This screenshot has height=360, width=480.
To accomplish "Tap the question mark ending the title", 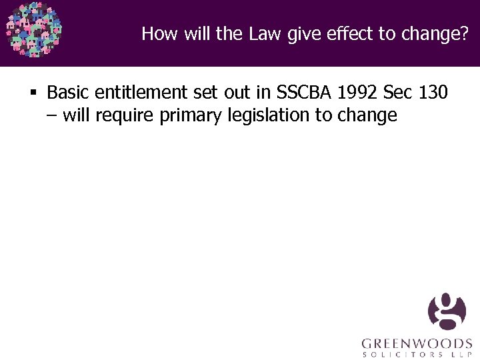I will (x=465, y=33).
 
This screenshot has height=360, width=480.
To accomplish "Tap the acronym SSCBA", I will (x=301, y=92).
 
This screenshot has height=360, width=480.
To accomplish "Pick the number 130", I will (x=433, y=92).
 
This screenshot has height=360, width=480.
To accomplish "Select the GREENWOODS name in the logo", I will (x=417, y=344).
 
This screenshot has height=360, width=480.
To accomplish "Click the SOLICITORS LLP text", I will (x=417, y=355).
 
